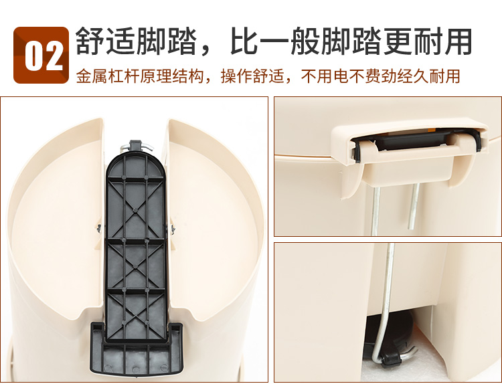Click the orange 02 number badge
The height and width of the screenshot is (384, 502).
[x=41, y=55]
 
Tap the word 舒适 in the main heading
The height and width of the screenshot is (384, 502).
[x=106, y=41]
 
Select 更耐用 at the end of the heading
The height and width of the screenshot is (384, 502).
[x=428, y=41]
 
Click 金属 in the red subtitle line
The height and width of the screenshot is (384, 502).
[x=92, y=76]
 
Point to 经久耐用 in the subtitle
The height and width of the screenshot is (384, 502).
[x=428, y=76]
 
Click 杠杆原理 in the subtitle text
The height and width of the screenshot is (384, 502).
[x=140, y=76]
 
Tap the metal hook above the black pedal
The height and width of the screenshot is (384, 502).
[x=137, y=147]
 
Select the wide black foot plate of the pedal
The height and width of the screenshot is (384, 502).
[x=137, y=352]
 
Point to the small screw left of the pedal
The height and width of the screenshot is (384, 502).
[x=99, y=228]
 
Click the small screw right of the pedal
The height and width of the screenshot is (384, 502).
[x=173, y=229]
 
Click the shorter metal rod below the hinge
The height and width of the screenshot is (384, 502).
[x=414, y=207]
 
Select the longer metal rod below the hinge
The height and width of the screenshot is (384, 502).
[x=375, y=211]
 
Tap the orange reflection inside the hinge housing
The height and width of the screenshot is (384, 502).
[x=432, y=130]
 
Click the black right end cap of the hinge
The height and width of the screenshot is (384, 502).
[x=478, y=140]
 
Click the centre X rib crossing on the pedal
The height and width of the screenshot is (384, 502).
[x=135, y=211]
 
